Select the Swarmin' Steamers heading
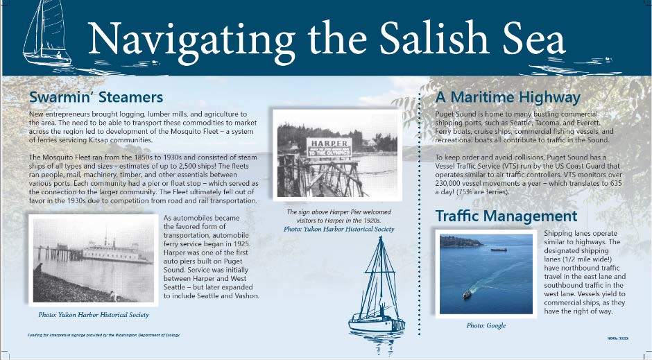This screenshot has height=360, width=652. [x=96, y=96]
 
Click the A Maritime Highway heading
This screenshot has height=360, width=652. [x=508, y=97]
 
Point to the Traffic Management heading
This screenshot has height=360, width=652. [x=506, y=216]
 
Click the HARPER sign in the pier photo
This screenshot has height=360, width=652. [x=328, y=145]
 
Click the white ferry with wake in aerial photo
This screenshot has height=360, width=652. [x=467, y=293]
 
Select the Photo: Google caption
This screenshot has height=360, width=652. [x=486, y=325]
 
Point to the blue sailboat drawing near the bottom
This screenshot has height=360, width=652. [x=377, y=291]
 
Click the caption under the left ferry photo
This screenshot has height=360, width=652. [x=94, y=315]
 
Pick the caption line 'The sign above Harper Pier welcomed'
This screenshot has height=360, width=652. [x=338, y=212]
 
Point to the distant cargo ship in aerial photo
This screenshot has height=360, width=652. [x=498, y=250]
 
